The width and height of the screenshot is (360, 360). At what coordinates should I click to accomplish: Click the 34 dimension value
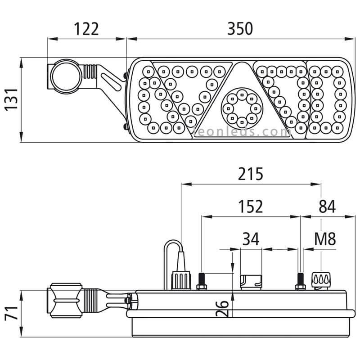pos(251,238)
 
